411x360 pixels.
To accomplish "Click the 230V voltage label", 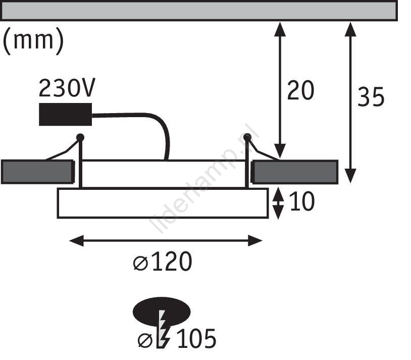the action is tap(67, 87).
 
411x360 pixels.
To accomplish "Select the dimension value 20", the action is tap(300, 90).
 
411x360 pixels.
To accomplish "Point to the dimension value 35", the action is tap(371, 97).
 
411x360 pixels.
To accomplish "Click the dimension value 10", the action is tap(301, 201).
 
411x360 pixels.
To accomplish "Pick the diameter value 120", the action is tap(172, 261).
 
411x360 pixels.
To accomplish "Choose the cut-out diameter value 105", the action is tap(196, 338).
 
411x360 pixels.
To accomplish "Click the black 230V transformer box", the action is tap(65, 114).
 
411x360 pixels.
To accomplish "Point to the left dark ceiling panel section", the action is tap(38, 172).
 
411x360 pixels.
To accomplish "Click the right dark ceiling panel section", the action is tap(295, 172).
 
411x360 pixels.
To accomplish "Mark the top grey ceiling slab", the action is tap(199, 11).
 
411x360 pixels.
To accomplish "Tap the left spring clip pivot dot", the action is tap(80, 137).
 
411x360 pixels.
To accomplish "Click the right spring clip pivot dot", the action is tap(247, 137).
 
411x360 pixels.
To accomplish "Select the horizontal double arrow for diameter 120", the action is tap(166, 241).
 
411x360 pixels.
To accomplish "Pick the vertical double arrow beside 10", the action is tap(278, 203).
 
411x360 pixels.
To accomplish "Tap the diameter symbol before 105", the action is tap(145, 340).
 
